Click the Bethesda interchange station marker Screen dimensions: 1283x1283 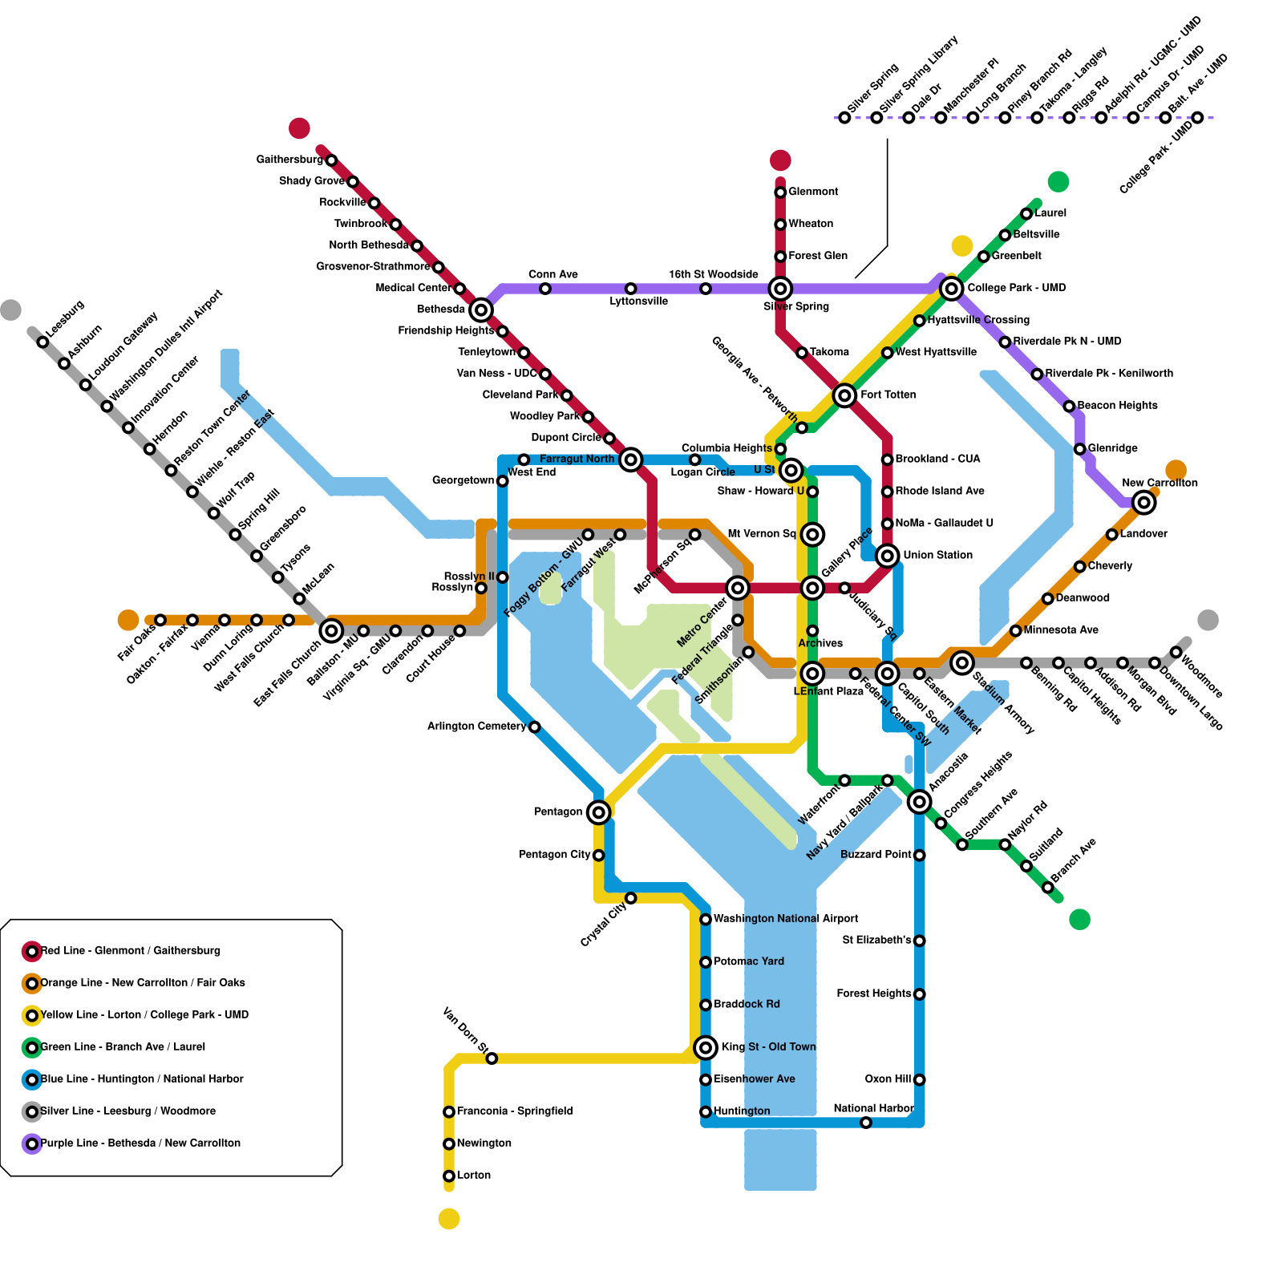pyautogui.click(x=480, y=310)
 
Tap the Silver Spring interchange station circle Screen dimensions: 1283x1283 pyautogui.click(x=780, y=289)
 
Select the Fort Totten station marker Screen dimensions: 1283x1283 pyautogui.click(x=844, y=395)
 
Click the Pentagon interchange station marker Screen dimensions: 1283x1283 pyautogui.click(x=598, y=812)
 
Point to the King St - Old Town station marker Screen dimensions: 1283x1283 pyautogui.click(x=706, y=1047)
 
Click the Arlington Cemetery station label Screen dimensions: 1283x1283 pyautogui.click(x=476, y=726)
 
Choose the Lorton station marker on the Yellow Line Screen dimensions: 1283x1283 pyautogui.click(x=449, y=1176)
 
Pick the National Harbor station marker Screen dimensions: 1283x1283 pyautogui.click(x=866, y=1123)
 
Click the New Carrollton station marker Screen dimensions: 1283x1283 pyautogui.click(x=1144, y=503)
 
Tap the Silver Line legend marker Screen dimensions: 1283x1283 pyautogui.click(x=32, y=1112)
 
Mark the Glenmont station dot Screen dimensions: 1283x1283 pyautogui.click(x=780, y=192)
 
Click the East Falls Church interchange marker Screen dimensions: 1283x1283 pyautogui.click(x=331, y=631)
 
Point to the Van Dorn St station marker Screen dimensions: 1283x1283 pyautogui.click(x=492, y=1059)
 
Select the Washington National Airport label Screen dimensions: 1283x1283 pyautogui.click(x=785, y=919)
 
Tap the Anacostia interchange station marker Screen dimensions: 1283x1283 pyautogui.click(x=920, y=802)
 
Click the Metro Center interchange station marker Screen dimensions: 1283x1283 pyautogui.click(x=738, y=589)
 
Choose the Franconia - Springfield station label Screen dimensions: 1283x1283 pyautogui.click(x=514, y=1111)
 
